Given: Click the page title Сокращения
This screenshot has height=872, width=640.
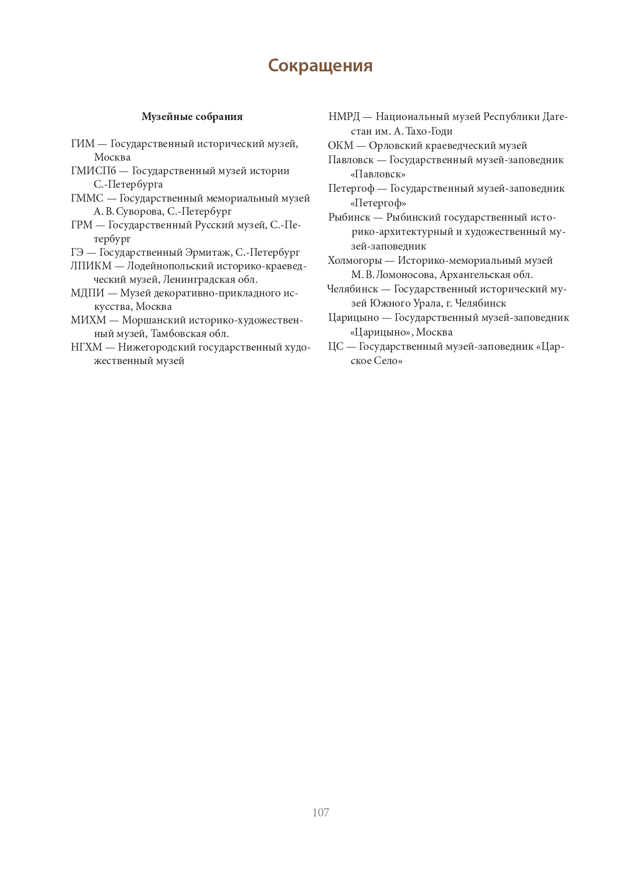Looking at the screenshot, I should (x=320, y=66).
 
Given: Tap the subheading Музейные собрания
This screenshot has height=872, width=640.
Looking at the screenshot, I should (x=192, y=117).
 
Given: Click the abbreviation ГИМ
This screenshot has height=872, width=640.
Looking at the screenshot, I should (x=82, y=144).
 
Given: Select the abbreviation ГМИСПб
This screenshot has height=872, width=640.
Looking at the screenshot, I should (x=93, y=171).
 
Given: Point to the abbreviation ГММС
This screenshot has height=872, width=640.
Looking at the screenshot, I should (x=87, y=198).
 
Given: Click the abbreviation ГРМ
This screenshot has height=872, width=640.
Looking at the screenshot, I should (x=82, y=225).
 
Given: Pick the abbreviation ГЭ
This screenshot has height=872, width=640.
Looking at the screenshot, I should (x=77, y=252).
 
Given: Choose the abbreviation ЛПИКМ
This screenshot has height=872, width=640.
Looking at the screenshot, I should (x=91, y=266).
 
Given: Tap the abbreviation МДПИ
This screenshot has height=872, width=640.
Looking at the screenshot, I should (x=88, y=293).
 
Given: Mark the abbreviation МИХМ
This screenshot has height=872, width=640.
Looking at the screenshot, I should (x=88, y=320).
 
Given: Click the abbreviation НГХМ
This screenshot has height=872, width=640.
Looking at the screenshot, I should (x=86, y=347).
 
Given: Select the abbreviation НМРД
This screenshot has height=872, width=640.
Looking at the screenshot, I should (x=344, y=117).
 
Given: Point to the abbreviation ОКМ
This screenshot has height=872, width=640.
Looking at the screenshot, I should (x=341, y=146).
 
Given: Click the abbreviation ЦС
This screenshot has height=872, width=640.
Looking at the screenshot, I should (x=335, y=347).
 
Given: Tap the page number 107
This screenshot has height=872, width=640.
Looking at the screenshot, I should (x=320, y=812).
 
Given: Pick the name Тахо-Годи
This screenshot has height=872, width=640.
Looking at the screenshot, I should (x=429, y=132).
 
